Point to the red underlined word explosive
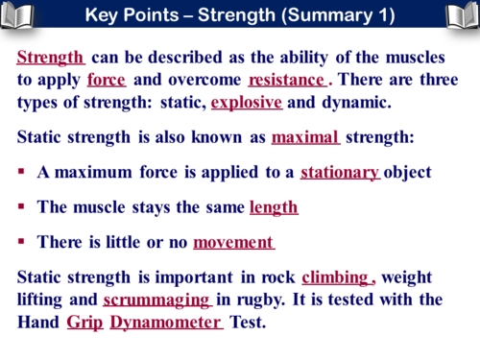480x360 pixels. tap(246, 101)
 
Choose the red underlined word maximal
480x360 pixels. tap(305, 137)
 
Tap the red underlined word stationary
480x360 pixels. tap(340, 173)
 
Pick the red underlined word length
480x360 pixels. tap(274, 206)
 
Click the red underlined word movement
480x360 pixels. tap(233, 242)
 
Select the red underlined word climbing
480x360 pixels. tap(335, 278)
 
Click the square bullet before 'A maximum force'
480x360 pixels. tap(20, 173)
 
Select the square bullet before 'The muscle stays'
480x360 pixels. tap(20, 206)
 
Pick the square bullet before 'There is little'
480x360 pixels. tap(20, 242)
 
